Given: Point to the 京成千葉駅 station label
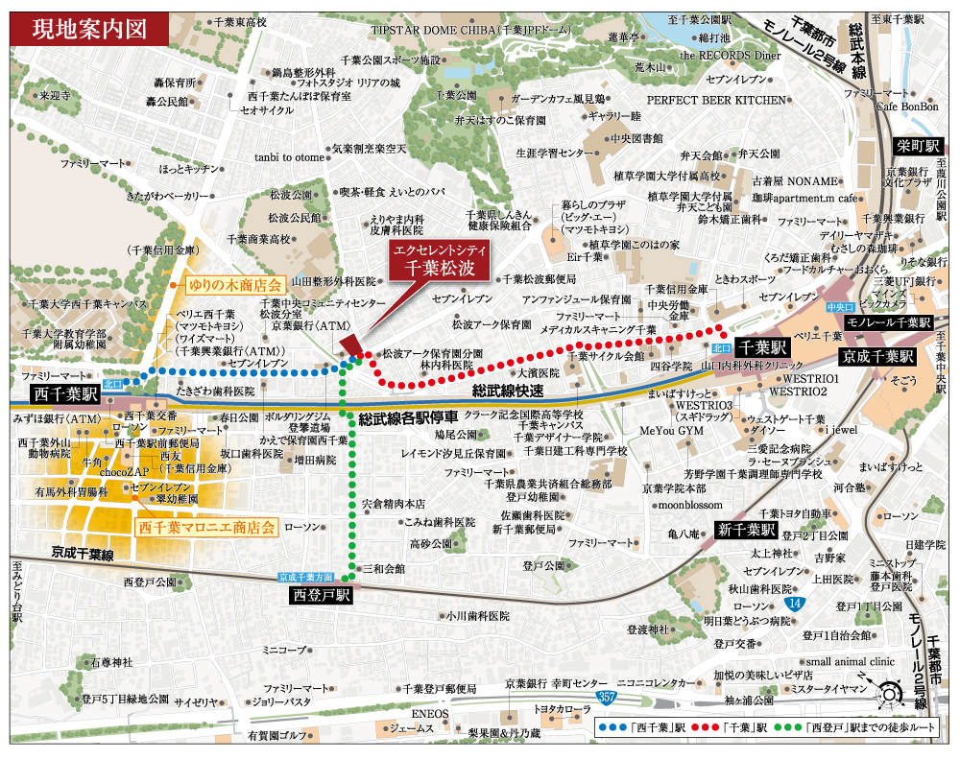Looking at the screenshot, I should pyautogui.click(x=876, y=356).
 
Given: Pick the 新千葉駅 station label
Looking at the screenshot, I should pyautogui.click(x=746, y=530).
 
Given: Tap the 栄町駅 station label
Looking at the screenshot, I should pyautogui.click(x=919, y=146).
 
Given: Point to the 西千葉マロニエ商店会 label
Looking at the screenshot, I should pyautogui.click(x=206, y=527).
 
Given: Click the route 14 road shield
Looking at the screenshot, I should pyautogui.click(x=792, y=604).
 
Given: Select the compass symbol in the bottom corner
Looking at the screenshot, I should pyautogui.click(x=889, y=693).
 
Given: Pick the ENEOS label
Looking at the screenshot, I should pyautogui.click(x=430, y=714).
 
